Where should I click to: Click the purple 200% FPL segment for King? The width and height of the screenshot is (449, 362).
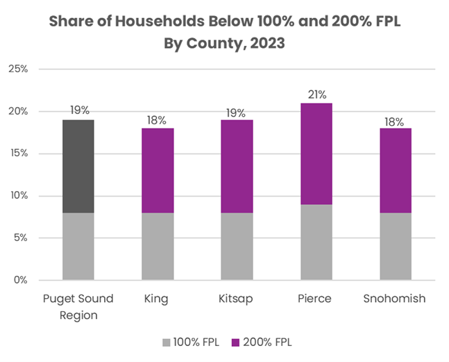click(157, 170)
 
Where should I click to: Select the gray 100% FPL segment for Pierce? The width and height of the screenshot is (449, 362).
click(316, 242)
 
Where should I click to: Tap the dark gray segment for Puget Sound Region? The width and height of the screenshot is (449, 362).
click(78, 166)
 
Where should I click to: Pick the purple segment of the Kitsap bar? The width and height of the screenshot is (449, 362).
click(237, 166)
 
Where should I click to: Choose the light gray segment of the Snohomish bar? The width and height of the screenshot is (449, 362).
click(395, 246)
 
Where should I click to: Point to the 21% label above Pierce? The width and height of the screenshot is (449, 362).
click(316, 94)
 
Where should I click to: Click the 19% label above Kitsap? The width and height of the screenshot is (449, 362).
click(237, 112)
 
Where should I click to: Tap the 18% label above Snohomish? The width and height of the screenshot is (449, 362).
click(395, 120)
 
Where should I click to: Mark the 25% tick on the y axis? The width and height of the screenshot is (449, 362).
click(18, 69)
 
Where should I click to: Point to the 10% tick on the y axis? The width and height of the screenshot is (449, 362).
click(18, 196)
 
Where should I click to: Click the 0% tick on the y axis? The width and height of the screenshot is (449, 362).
click(21, 280)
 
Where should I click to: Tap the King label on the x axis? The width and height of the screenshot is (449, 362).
click(157, 299)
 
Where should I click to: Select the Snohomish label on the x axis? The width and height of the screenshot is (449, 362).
click(395, 299)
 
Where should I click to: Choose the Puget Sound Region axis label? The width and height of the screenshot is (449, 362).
click(78, 306)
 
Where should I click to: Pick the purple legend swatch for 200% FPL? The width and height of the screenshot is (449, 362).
click(235, 342)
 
